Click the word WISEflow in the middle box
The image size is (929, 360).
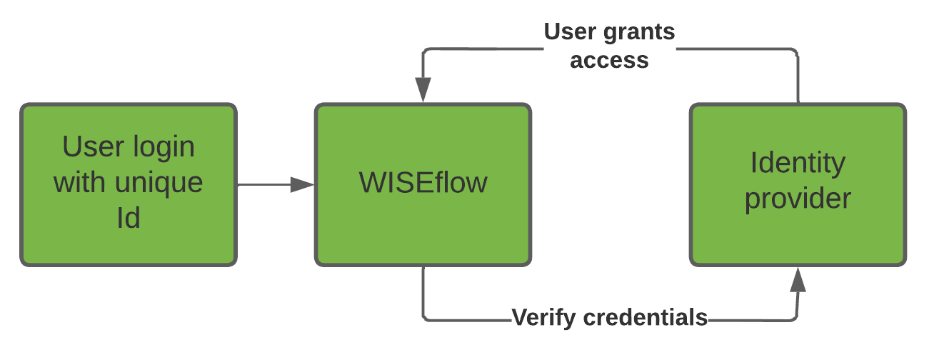coord(423,183)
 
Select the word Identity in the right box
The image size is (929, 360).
coord(798,164)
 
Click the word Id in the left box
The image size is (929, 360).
coord(128,218)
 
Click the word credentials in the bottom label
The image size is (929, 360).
coord(646,316)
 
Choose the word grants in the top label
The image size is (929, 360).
coord(638,32)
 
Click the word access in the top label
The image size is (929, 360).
coord(609,60)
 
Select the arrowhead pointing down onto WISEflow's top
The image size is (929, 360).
coord(423,91)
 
